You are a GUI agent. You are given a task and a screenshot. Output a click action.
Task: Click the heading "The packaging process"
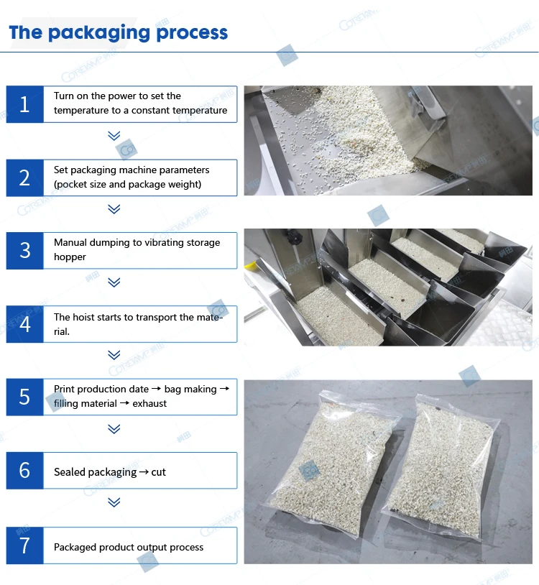click(x=119, y=33)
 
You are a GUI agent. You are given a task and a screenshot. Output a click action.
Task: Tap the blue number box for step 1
click(x=24, y=104)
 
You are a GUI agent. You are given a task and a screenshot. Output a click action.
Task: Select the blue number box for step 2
click(x=24, y=178)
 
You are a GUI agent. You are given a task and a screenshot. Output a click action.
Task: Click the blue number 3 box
click(x=24, y=251)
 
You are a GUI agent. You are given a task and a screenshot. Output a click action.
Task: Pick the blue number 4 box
click(x=24, y=324)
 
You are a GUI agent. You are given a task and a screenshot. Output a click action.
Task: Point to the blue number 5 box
click(x=24, y=397)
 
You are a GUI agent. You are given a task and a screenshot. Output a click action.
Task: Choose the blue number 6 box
click(x=24, y=471)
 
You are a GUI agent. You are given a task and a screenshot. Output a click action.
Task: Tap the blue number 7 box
click(x=24, y=545)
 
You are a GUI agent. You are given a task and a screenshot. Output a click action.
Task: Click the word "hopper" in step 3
click(x=70, y=257)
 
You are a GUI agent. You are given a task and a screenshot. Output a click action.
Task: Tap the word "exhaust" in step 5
click(x=149, y=403)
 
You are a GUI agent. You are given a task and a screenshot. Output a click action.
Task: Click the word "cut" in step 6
click(x=159, y=472)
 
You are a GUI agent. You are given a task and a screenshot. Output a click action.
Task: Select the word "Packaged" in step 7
click(x=75, y=548)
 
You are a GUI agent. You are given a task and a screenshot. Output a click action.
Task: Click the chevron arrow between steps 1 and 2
click(x=114, y=135)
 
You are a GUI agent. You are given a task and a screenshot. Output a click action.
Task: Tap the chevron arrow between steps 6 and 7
click(x=114, y=502)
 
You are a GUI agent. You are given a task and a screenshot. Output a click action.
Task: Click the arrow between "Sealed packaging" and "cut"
click(x=144, y=472)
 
